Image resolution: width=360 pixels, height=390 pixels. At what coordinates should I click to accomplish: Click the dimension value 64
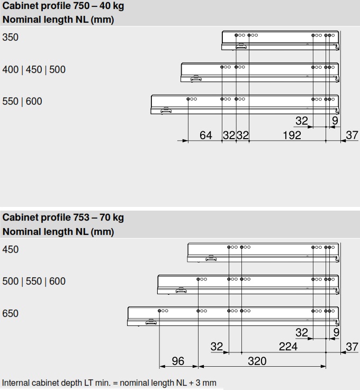[x=206, y=135]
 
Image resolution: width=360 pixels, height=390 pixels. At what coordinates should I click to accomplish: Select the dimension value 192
[x=292, y=135]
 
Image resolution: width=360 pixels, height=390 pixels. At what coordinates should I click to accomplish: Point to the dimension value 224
[x=288, y=347]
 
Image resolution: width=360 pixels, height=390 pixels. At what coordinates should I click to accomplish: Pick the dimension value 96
[x=178, y=361]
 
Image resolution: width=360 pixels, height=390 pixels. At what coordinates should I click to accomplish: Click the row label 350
[x=11, y=38]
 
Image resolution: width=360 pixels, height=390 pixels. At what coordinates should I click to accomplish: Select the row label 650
[x=11, y=313]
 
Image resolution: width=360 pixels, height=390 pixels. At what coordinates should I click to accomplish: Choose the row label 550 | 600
[x=22, y=101]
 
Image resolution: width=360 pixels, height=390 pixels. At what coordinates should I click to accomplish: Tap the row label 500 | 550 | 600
[x=34, y=282]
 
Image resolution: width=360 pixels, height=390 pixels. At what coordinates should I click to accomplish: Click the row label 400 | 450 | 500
[x=34, y=69]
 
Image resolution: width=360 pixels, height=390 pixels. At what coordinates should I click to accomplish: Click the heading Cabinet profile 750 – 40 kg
[x=64, y=7]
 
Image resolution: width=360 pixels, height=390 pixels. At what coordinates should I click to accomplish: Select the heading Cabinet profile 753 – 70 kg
[x=63, y=217]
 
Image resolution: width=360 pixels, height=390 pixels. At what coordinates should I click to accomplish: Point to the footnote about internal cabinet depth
[x=109, y=383]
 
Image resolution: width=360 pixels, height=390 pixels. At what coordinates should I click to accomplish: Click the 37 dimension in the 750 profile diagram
[x=352, y=135]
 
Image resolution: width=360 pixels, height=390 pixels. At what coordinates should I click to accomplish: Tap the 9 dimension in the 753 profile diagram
[x=336, y=333]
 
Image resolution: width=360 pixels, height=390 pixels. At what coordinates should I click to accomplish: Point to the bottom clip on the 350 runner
[x=241, y=46]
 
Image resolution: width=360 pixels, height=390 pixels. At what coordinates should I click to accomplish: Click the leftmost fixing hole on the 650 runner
[x=159, y=311]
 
